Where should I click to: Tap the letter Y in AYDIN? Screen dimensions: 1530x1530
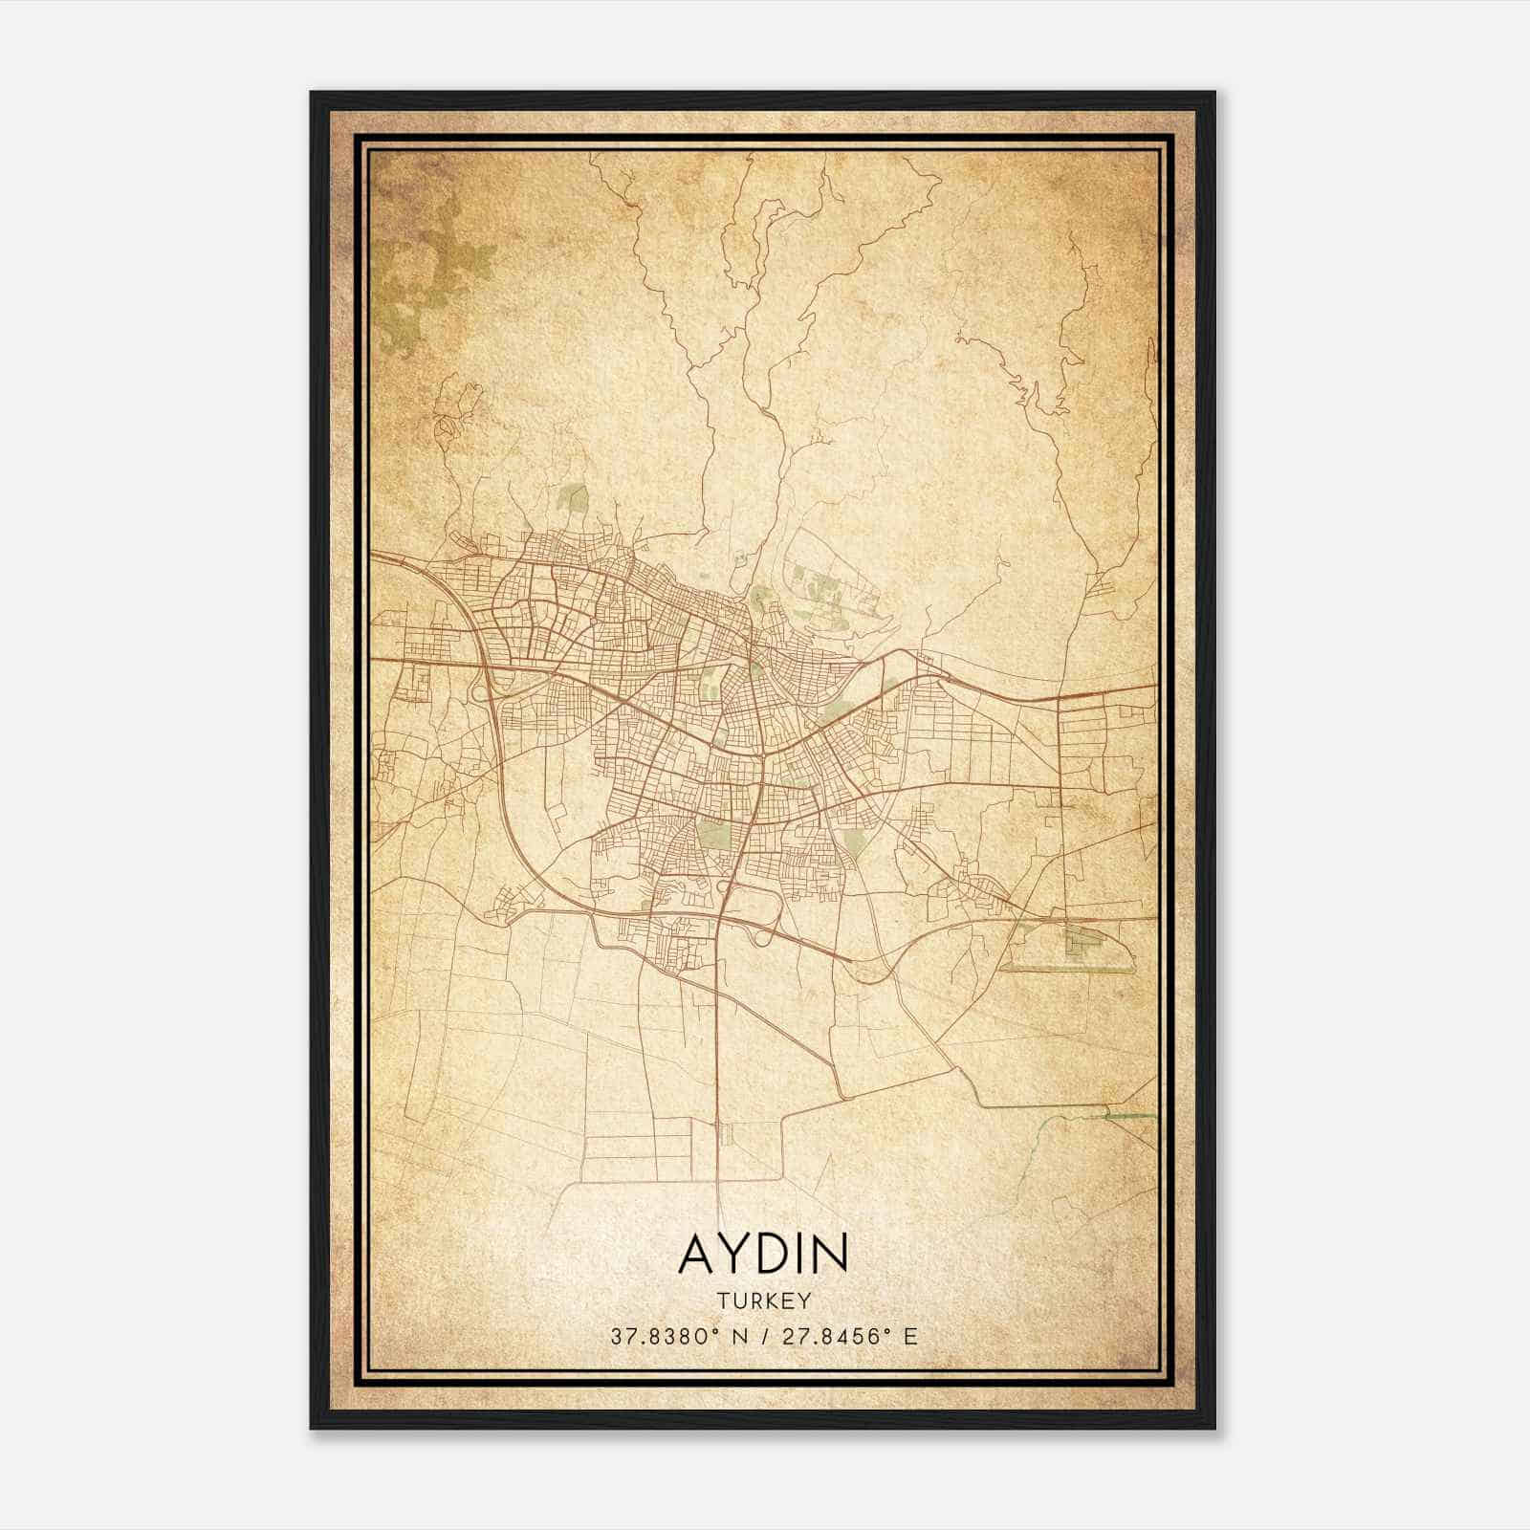pyautogui.click(x=735, y=1254)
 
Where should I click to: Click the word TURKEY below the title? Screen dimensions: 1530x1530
pyautogui.click(x=763, y=1300)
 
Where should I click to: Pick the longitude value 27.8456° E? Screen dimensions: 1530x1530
pyautogui.click(x=842, y=1336)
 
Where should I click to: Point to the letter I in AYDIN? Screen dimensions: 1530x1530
pyautogui.click(x=803, y=1254)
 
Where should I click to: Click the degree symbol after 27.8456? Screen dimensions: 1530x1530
pyautogui.click(x=890, y=1330)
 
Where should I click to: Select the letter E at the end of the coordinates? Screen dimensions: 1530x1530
pyautogui.click(x=910, y=1336)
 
